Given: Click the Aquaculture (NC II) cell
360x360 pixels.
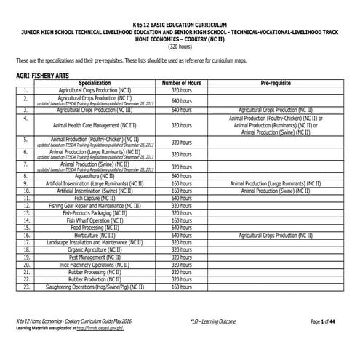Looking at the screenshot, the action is pyautogui.click(x=95, y=176).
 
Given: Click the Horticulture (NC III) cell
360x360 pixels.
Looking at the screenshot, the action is pyautogui.click(x=95, y=236).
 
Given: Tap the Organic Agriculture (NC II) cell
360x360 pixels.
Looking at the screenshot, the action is pyautogui.click(x=95, y=249).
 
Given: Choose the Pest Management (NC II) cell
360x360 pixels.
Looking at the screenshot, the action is pyautogui.click(x=95, y=257).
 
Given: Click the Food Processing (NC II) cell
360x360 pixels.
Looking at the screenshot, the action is pyautogui.click(x=95, y=228).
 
